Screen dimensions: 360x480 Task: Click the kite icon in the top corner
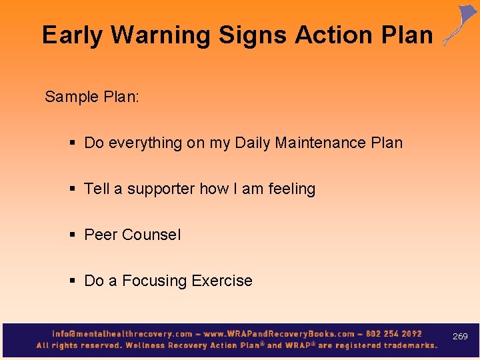pos(461,25)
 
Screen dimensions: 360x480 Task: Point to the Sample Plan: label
pos(92,97)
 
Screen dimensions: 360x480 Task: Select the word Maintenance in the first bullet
pos(321,143)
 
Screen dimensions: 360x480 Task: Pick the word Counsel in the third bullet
pos(151,235)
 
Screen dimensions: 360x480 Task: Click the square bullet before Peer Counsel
pos(73,235)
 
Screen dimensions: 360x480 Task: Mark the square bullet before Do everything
pos(73,143)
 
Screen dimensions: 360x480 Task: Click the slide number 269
pos(460,337)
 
